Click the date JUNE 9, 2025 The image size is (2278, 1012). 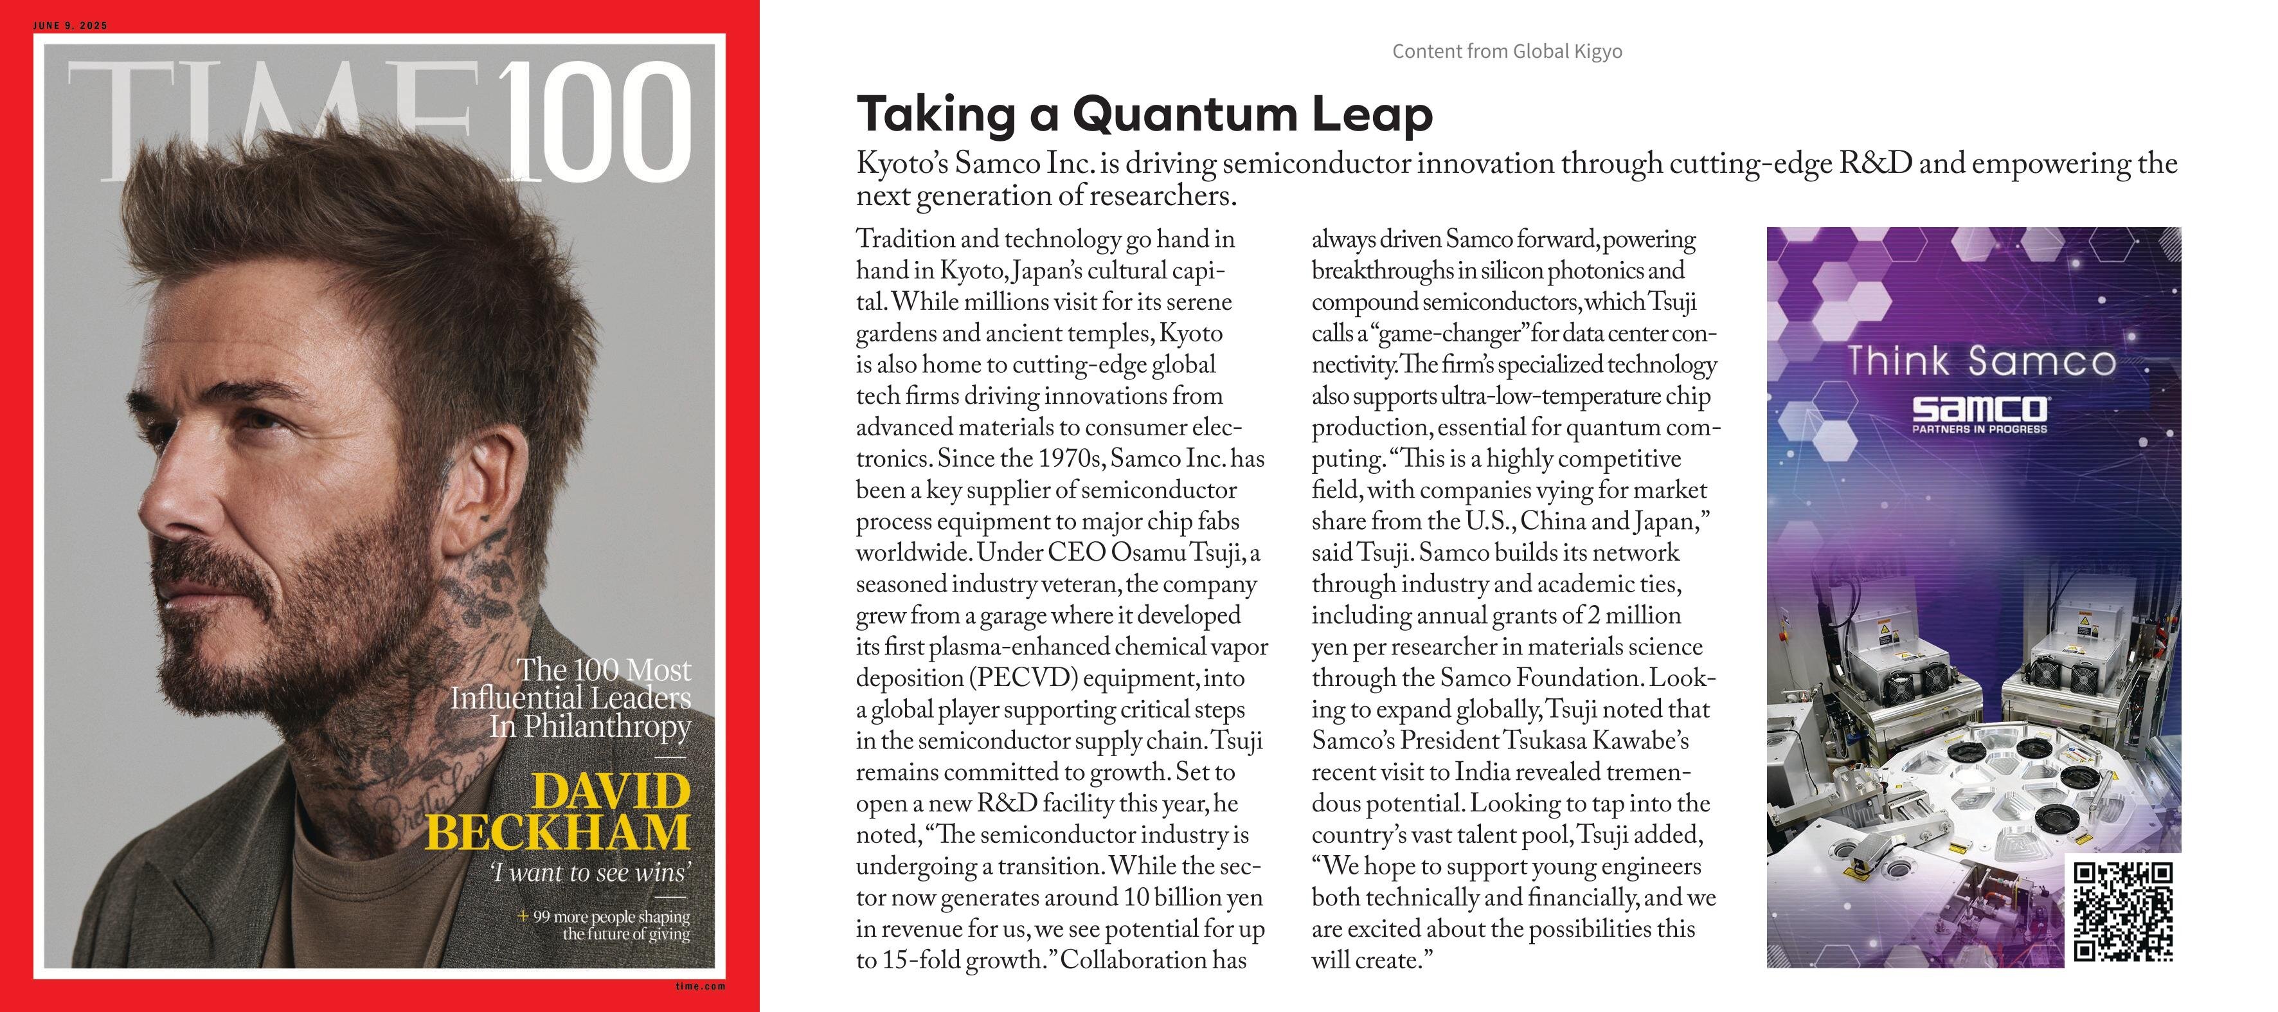point(70,26)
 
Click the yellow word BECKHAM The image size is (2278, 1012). point(557,831)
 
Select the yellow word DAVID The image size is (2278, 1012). point(610,790)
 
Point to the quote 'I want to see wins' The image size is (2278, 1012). point(590,873)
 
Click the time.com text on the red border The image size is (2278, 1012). point(701,986)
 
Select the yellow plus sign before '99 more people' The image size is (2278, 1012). point(523,916)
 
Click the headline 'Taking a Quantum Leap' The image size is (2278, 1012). point(1144,114)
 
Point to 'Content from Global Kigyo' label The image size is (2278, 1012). point(1507,51)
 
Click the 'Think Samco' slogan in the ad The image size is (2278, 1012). point(1982,361)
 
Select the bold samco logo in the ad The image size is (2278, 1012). point(1980,409)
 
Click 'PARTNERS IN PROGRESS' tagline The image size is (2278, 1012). point(1980,429)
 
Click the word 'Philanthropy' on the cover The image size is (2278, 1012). point(607,727)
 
